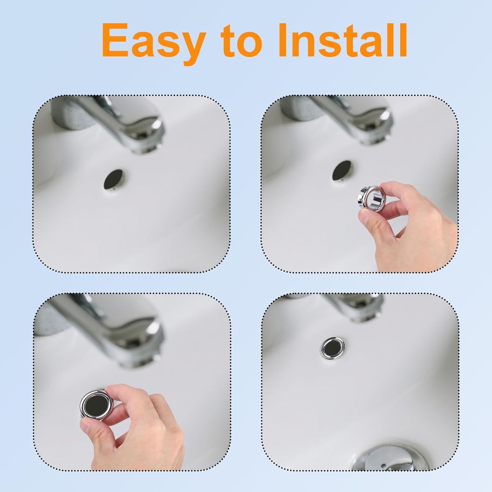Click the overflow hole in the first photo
click(x=114, y=179)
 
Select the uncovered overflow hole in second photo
click(x=342, y=171)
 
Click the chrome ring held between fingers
click(x=371, y=198)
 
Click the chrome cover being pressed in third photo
click(x=97, y=405)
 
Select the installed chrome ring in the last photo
click(x=332, y=347)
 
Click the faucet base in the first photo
click(x=72, y=113)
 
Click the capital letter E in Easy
click(x=115, y=41)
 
